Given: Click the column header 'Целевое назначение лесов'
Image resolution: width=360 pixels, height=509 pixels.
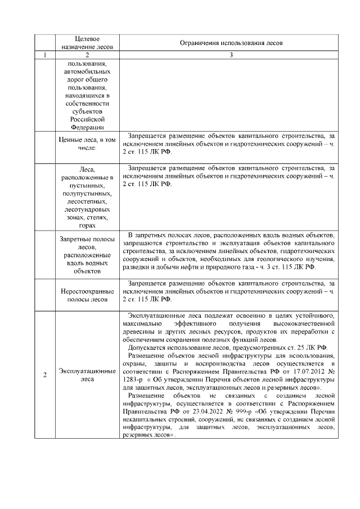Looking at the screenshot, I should click(87, 43).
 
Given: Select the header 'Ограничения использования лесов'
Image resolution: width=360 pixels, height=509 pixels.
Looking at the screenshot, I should click(231, 43).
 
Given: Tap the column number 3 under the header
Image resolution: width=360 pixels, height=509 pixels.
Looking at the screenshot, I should click(231, 55).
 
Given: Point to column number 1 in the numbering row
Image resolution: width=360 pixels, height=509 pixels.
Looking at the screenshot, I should click(44, 55).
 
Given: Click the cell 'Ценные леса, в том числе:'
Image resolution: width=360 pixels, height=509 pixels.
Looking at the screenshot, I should click(87, 143).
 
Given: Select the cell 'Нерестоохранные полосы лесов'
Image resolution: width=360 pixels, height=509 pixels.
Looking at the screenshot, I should click(87, 295).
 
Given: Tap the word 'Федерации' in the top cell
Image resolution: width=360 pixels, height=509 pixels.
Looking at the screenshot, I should click(87, 127).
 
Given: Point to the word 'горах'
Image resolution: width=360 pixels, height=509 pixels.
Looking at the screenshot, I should click(87, 225).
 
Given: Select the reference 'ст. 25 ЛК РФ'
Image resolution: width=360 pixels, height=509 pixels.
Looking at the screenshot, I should click(311, 348).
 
